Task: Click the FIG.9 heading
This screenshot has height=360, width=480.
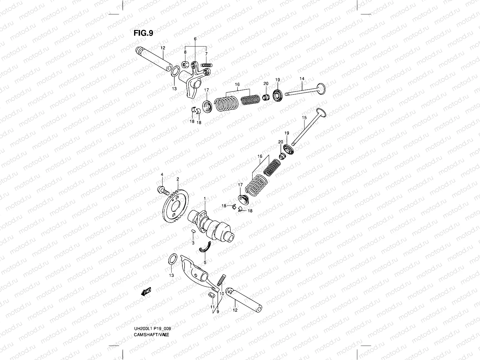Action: (x=143, y=33)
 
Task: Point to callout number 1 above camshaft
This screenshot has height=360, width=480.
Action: (x=205, y=199)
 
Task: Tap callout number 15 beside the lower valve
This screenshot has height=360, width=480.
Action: (x=304, y=118)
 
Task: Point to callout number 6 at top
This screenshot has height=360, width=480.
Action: (x=195, y=39)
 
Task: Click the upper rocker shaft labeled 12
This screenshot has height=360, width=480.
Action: (x=153, y=58)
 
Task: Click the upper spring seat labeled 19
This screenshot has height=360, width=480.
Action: (x=277, y=95)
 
